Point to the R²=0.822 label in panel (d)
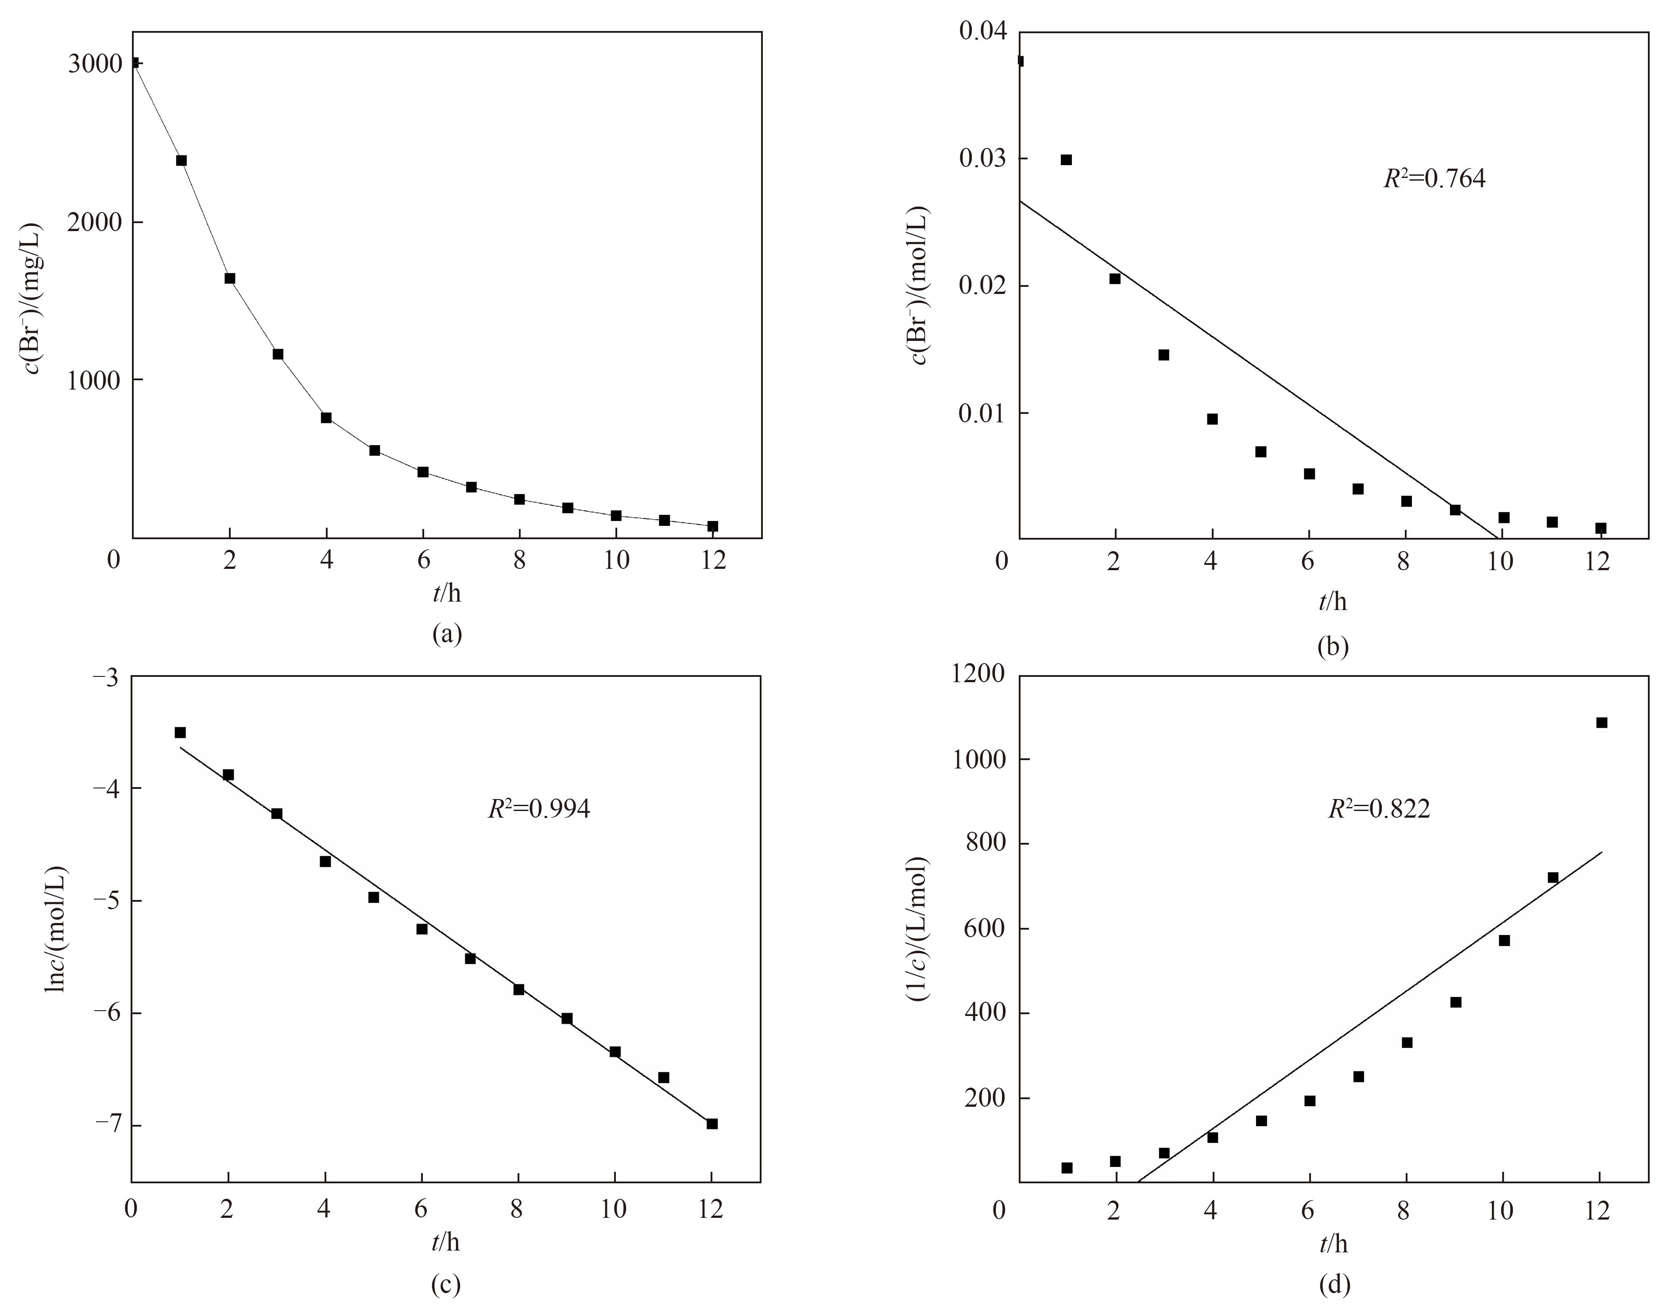(x=1379, y=809)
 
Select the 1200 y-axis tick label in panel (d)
(x=976, y=674)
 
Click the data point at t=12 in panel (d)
(x=1601, y=722)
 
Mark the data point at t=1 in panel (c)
(x=180, y=733)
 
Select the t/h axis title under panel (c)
(x=446, y=1242)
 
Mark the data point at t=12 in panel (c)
(x=712, y=1124)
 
